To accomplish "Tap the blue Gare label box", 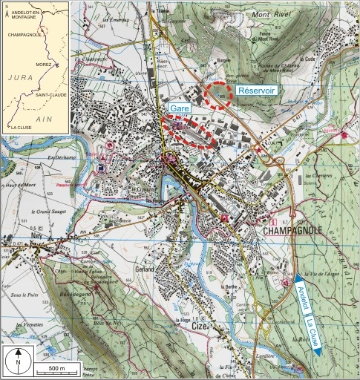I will coord(180,108).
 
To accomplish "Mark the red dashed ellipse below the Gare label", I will coord(191,134).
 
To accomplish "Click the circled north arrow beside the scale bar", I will coord(17,361).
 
